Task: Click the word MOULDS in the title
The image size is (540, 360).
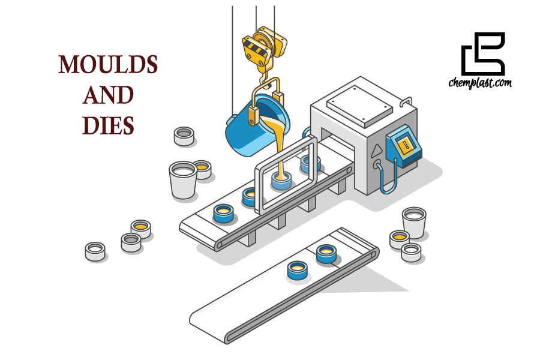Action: tap(108, 65)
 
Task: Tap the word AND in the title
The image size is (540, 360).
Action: tap(108, 95)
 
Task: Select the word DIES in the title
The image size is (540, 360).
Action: tap(108, 125)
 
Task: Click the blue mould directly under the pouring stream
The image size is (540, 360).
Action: tap(280, 179)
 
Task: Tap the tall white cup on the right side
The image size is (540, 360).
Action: tap(414, 221)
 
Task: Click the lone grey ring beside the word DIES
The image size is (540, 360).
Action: tap(184, 136)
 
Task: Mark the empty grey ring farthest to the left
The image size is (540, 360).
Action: tap(95, 251)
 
